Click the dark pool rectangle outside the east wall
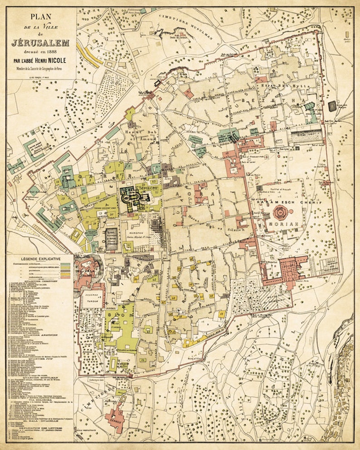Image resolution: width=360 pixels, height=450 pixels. [332, 106]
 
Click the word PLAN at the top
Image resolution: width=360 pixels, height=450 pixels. [40, 18]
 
